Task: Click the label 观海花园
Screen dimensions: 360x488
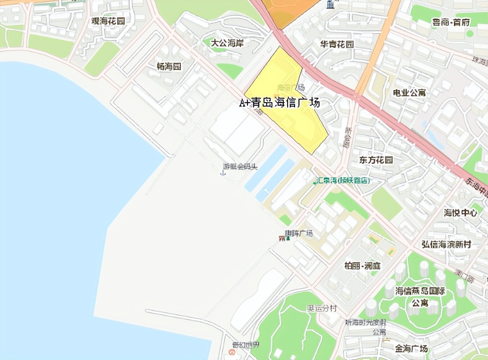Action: tap(108, 21)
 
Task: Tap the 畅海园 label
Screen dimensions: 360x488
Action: tap(169, 67)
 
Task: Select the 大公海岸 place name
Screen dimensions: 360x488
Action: tap(227, 43)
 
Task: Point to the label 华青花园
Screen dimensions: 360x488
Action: tap(337, 45)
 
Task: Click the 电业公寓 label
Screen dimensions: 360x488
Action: tap(409, 93)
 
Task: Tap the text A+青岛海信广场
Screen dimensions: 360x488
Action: tap(280, 103)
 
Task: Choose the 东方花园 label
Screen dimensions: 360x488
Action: tap(376, 160)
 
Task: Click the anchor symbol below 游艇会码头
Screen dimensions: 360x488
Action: tap(223, 173)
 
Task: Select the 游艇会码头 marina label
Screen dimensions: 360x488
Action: tap(240, 166)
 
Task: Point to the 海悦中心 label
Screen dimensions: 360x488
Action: tap(461, 213)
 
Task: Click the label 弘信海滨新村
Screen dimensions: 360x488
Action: tap(446, 244)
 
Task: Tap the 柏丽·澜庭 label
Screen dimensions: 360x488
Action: tap(363, 266)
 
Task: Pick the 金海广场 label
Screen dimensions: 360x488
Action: tap(411, 349)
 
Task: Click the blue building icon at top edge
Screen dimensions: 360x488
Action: tap(330, 4)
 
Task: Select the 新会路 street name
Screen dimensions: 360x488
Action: tap(348, 138)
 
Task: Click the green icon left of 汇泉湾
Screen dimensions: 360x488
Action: tap(315, 180)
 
